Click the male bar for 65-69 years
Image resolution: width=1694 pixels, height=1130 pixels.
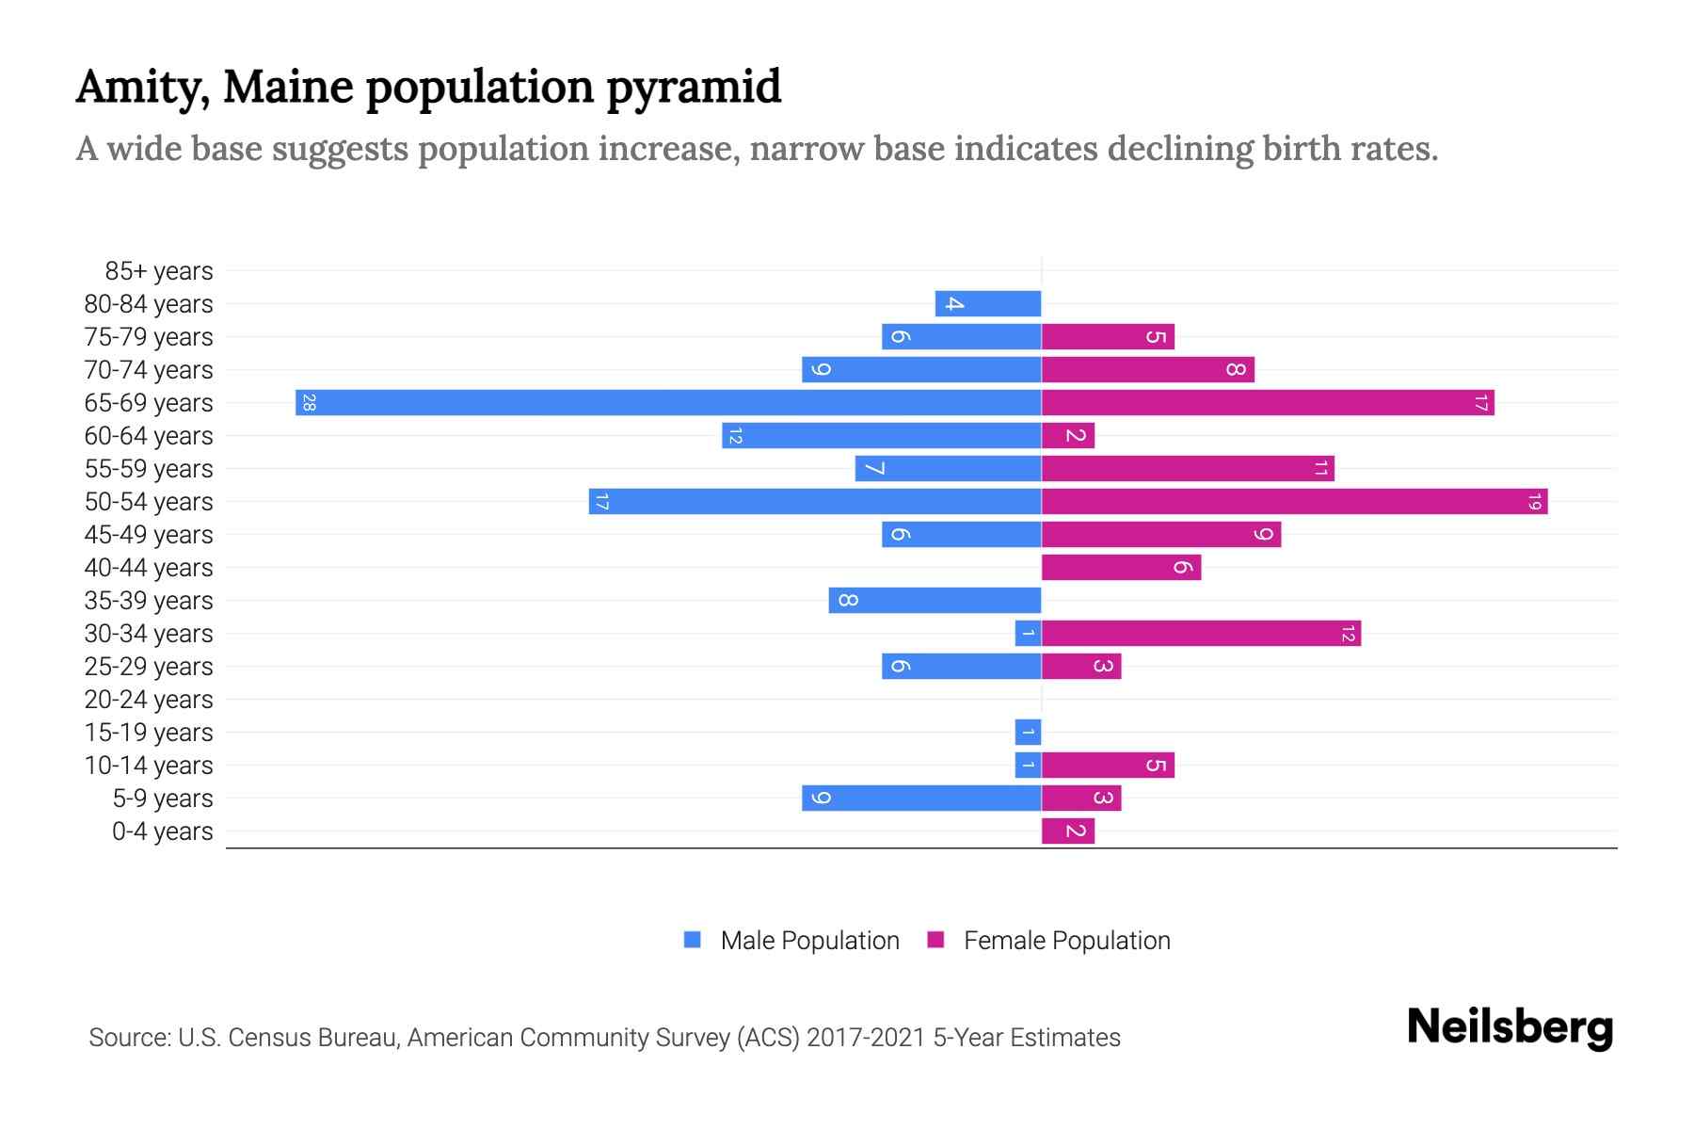point(668,403)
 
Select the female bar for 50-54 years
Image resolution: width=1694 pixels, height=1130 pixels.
point(1294,502)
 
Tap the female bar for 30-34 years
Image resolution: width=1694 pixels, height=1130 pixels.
point(1201,634)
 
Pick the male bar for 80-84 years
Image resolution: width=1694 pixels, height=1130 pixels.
point(988,304)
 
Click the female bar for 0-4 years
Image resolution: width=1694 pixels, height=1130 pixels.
point(1068,831)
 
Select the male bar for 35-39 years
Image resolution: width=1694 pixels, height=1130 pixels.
point(935,601)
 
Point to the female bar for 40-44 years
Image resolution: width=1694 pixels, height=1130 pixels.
point(1121,568)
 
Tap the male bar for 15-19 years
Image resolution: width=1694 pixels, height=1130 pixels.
point(1028,733)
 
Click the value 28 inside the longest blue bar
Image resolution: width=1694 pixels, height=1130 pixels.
point(309,403)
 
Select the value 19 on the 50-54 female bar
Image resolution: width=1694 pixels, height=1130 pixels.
point(1534,502)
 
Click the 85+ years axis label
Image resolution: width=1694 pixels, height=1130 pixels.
point(158,271)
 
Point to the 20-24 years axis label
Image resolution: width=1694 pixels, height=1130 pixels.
point(149,700)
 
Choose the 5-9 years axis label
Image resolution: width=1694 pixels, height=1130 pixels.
point(162,799)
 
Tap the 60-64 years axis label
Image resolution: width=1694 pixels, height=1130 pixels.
point(149,436)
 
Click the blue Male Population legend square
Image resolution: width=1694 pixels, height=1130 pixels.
point(693,940)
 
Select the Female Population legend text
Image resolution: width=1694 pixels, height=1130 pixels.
point(1066,941)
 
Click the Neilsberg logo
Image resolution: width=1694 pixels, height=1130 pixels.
point(1510,1027)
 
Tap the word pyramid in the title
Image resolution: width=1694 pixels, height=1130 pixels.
point(694,88)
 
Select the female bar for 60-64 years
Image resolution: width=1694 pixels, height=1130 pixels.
point(1068,436)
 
